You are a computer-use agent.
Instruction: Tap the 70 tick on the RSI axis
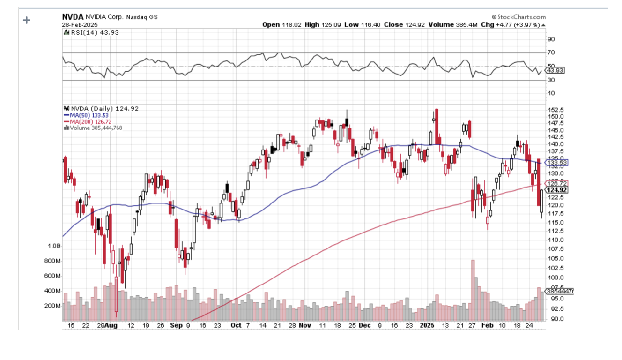point(551,52)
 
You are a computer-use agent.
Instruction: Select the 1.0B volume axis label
point(54,246)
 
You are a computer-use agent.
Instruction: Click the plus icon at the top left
point(27,20)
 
